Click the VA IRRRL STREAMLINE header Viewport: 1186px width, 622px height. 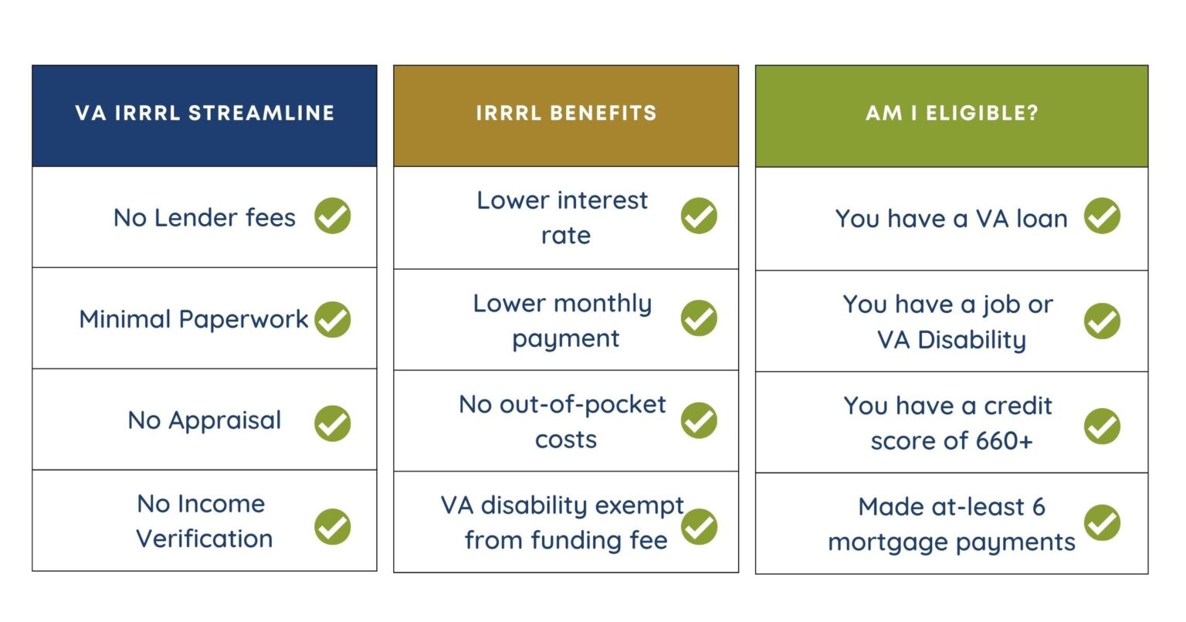[x=205, y=113]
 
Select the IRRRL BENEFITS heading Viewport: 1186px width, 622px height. [x=566, y=113]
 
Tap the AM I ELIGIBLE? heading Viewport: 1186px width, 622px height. [x=951, y=113]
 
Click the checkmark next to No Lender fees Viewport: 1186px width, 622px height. [x=333, y=216]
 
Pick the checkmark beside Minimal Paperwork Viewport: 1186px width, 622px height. [x=333, y=319]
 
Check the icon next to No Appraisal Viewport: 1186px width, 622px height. [x=333, y=423]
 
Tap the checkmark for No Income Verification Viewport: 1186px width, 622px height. [x=333, y=526]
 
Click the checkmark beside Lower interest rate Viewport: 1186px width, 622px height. [x=699, y=216]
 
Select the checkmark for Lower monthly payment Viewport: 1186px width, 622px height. [x=699, y=318]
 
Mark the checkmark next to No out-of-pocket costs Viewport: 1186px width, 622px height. [x=699, y=420]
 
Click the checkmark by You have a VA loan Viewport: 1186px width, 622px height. [x=1102, y=216]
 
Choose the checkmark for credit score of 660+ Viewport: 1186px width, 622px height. [x=1102, y=427]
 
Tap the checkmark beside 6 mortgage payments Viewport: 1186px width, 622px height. [x=1102, y=523]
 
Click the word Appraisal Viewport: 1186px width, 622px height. [x=225, y=421]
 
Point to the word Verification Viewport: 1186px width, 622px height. [x=205, y=539]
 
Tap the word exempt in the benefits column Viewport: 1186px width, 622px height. [x=640, y=506]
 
